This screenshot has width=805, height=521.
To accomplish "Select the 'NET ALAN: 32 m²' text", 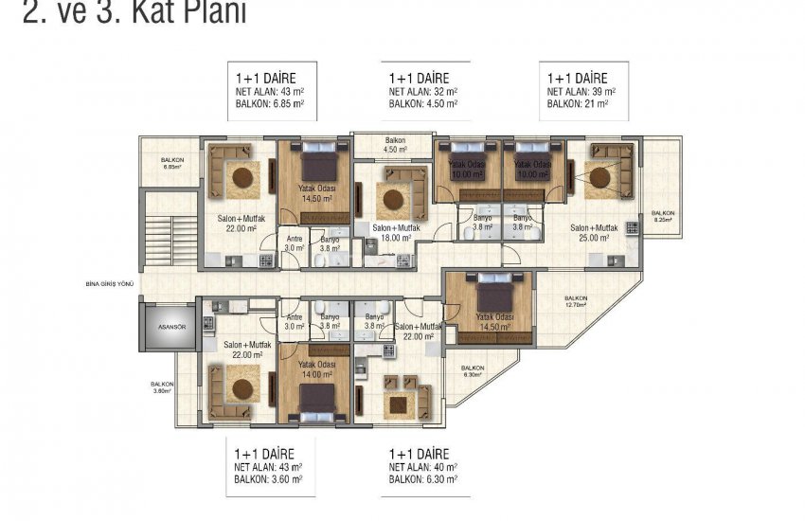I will pyautogui.click(x=422, y=92).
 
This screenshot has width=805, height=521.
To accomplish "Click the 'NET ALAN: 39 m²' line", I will pyautogui.click(x=581, y=92).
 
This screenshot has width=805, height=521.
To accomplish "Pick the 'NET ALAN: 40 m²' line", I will pyautogui.click(x=422, y=468).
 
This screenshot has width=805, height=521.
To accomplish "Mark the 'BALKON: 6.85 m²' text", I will pyautogui.click(x=269, y=104).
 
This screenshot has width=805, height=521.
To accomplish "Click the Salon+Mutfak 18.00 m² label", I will pyautogui.click(x=397, y=233).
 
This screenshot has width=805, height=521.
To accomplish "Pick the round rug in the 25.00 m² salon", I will pyautogui.click(x=597, y=176).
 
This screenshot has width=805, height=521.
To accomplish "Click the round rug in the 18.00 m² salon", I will pyautogui.click(x=391, y=200).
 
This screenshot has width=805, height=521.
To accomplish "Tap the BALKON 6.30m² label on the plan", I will pyautogui.click(x=473, y=370).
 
